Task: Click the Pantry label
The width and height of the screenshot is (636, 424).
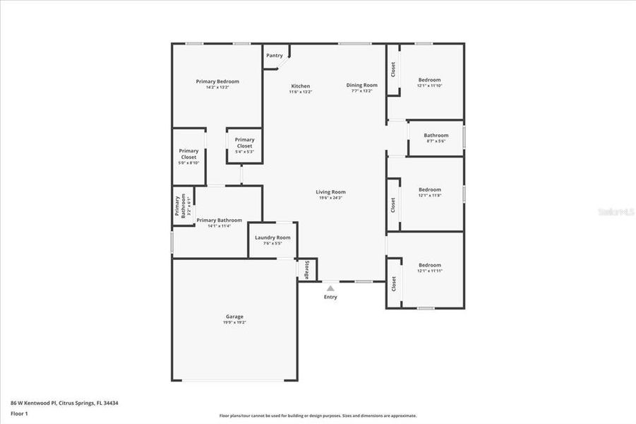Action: pyautogui.click(x=274, y=55)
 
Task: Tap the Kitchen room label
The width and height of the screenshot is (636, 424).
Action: pyautogui.click(x=300, y=86)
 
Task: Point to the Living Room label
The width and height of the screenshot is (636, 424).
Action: pyautogui.click(x=330, y=192)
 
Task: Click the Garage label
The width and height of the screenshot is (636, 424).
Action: pyautogui.click(x=234, y=317)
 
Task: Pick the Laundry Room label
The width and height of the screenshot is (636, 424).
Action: pyautogui.click(x=272, y=237)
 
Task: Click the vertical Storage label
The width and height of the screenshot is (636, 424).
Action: pyautogui.click(x=307, y=269)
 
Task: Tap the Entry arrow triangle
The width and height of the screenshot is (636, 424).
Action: pyautogui.click(x=330, y=288)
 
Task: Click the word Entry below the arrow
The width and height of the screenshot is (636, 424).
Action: pyautogui.click(x=330, y=297)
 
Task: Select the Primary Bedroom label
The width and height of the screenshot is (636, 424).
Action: pyautogui.click(x=217, y=81)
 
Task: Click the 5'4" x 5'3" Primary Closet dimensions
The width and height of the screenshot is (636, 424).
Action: pyautogui.click(x=244, y=152)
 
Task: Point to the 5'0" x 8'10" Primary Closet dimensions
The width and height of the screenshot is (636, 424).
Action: pyautogui.click(x=188, y=163)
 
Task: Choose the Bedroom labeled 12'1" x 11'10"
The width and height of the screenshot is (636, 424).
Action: pyautogui.click(x=429, y=80)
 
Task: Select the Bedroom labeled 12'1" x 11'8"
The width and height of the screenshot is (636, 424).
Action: pyautogui.click(x=429, y=189)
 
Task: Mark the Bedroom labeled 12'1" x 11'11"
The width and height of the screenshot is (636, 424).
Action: pyautogui.click(x=429, y=265)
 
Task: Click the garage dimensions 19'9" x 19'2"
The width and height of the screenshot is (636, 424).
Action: pyautogui.click(x=234, y=322)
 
